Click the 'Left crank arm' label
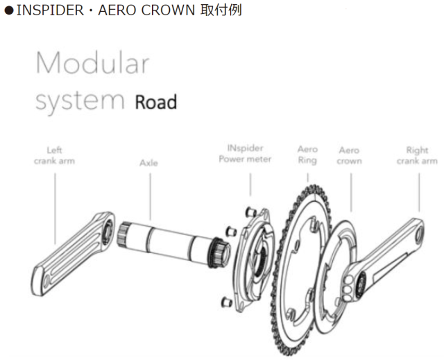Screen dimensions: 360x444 [54, 155]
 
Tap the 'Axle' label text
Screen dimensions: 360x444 [148, 163]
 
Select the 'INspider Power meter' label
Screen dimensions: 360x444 [244, 154]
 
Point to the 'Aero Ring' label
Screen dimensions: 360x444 [307, 155]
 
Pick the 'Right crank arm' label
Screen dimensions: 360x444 [417, 155]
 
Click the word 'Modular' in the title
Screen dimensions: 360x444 [92, 64]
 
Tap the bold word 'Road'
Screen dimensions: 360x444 [155, 103]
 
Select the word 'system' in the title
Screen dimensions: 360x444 [79, 101]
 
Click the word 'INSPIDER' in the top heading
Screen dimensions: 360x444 [44, 12]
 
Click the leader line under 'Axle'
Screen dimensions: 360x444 [149, 194]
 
